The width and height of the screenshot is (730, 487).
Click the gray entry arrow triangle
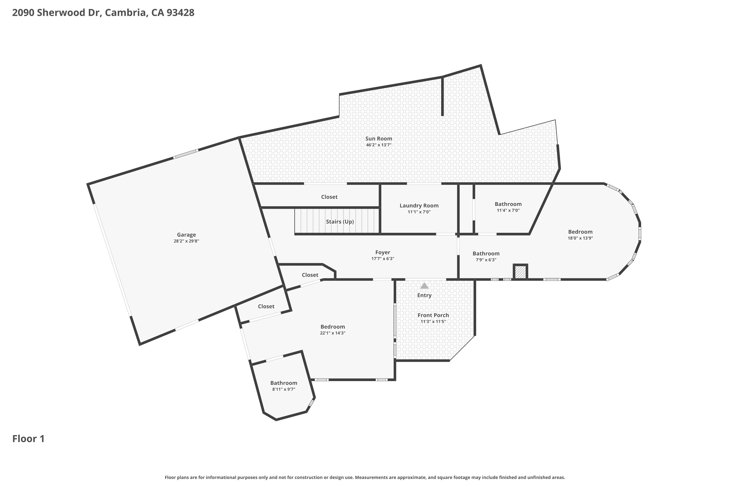coord(424,286)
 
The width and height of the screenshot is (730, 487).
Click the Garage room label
coord(186,235)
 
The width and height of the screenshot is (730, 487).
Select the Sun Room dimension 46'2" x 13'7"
coord(379,145)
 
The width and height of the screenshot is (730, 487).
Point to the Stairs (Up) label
coord(340,221)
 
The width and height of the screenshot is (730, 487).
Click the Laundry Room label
coord(419,205)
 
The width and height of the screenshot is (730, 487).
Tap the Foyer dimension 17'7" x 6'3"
coord(383,259)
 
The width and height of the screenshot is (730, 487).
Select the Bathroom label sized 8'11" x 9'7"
coord(284,383)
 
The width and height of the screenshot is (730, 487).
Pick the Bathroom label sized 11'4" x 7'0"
coord(508,204)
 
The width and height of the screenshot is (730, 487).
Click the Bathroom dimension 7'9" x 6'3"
coord(486,260)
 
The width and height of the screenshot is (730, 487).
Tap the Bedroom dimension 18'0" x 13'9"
coord(580,238)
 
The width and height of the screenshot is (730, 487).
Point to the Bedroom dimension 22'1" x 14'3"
coord(333,333)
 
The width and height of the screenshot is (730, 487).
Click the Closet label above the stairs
coord(329,197)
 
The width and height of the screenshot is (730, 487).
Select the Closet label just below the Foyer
coord(310,275)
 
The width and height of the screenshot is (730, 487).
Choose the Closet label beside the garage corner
coord(266,306)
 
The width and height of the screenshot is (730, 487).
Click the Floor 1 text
coord(28,439)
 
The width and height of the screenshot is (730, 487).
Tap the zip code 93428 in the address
coord(181,12)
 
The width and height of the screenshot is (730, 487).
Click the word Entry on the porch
coord(424,295)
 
